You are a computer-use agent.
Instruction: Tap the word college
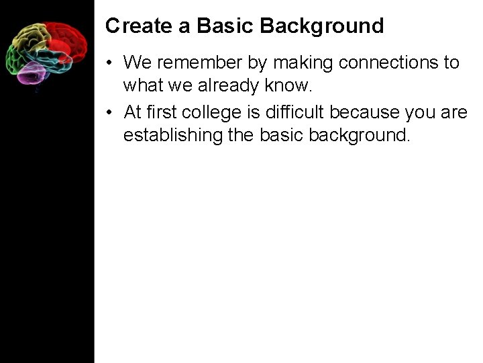[x=213, y=112]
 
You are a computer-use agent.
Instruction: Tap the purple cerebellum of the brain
[x=30, y=73]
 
